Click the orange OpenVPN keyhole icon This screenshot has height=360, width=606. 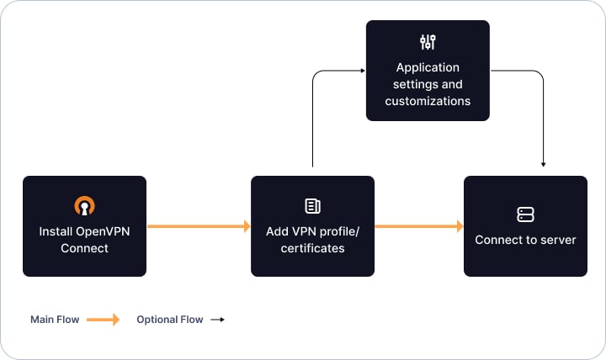[x=84, y=205]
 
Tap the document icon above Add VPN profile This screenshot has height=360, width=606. [x=312, y=206]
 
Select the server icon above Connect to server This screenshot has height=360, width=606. [x=525, y=214]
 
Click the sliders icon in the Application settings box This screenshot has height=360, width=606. [x=428, y=42]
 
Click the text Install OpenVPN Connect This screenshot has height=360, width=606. [x=84, y=240]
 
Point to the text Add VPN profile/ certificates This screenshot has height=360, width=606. [x=312, y=240]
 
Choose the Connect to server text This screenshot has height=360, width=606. [x=525, y=240]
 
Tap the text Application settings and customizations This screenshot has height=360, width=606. [x=428, y=84]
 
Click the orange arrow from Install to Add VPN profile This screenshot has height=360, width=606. [x=199, y=226]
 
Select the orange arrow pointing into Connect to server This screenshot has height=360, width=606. [x=418, y=226]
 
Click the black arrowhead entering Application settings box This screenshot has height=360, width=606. [x=361, y=71]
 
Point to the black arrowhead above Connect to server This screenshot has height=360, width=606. [x=544, y=164]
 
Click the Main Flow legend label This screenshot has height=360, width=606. [x=54, y=320]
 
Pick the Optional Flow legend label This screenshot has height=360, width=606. [x=169, y=320]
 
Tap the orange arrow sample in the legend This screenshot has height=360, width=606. [x=103, y=320]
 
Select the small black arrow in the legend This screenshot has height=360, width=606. [x=217, y=320]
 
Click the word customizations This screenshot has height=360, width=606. [x=428, y=101]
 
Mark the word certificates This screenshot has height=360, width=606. [x=312, y=248]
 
